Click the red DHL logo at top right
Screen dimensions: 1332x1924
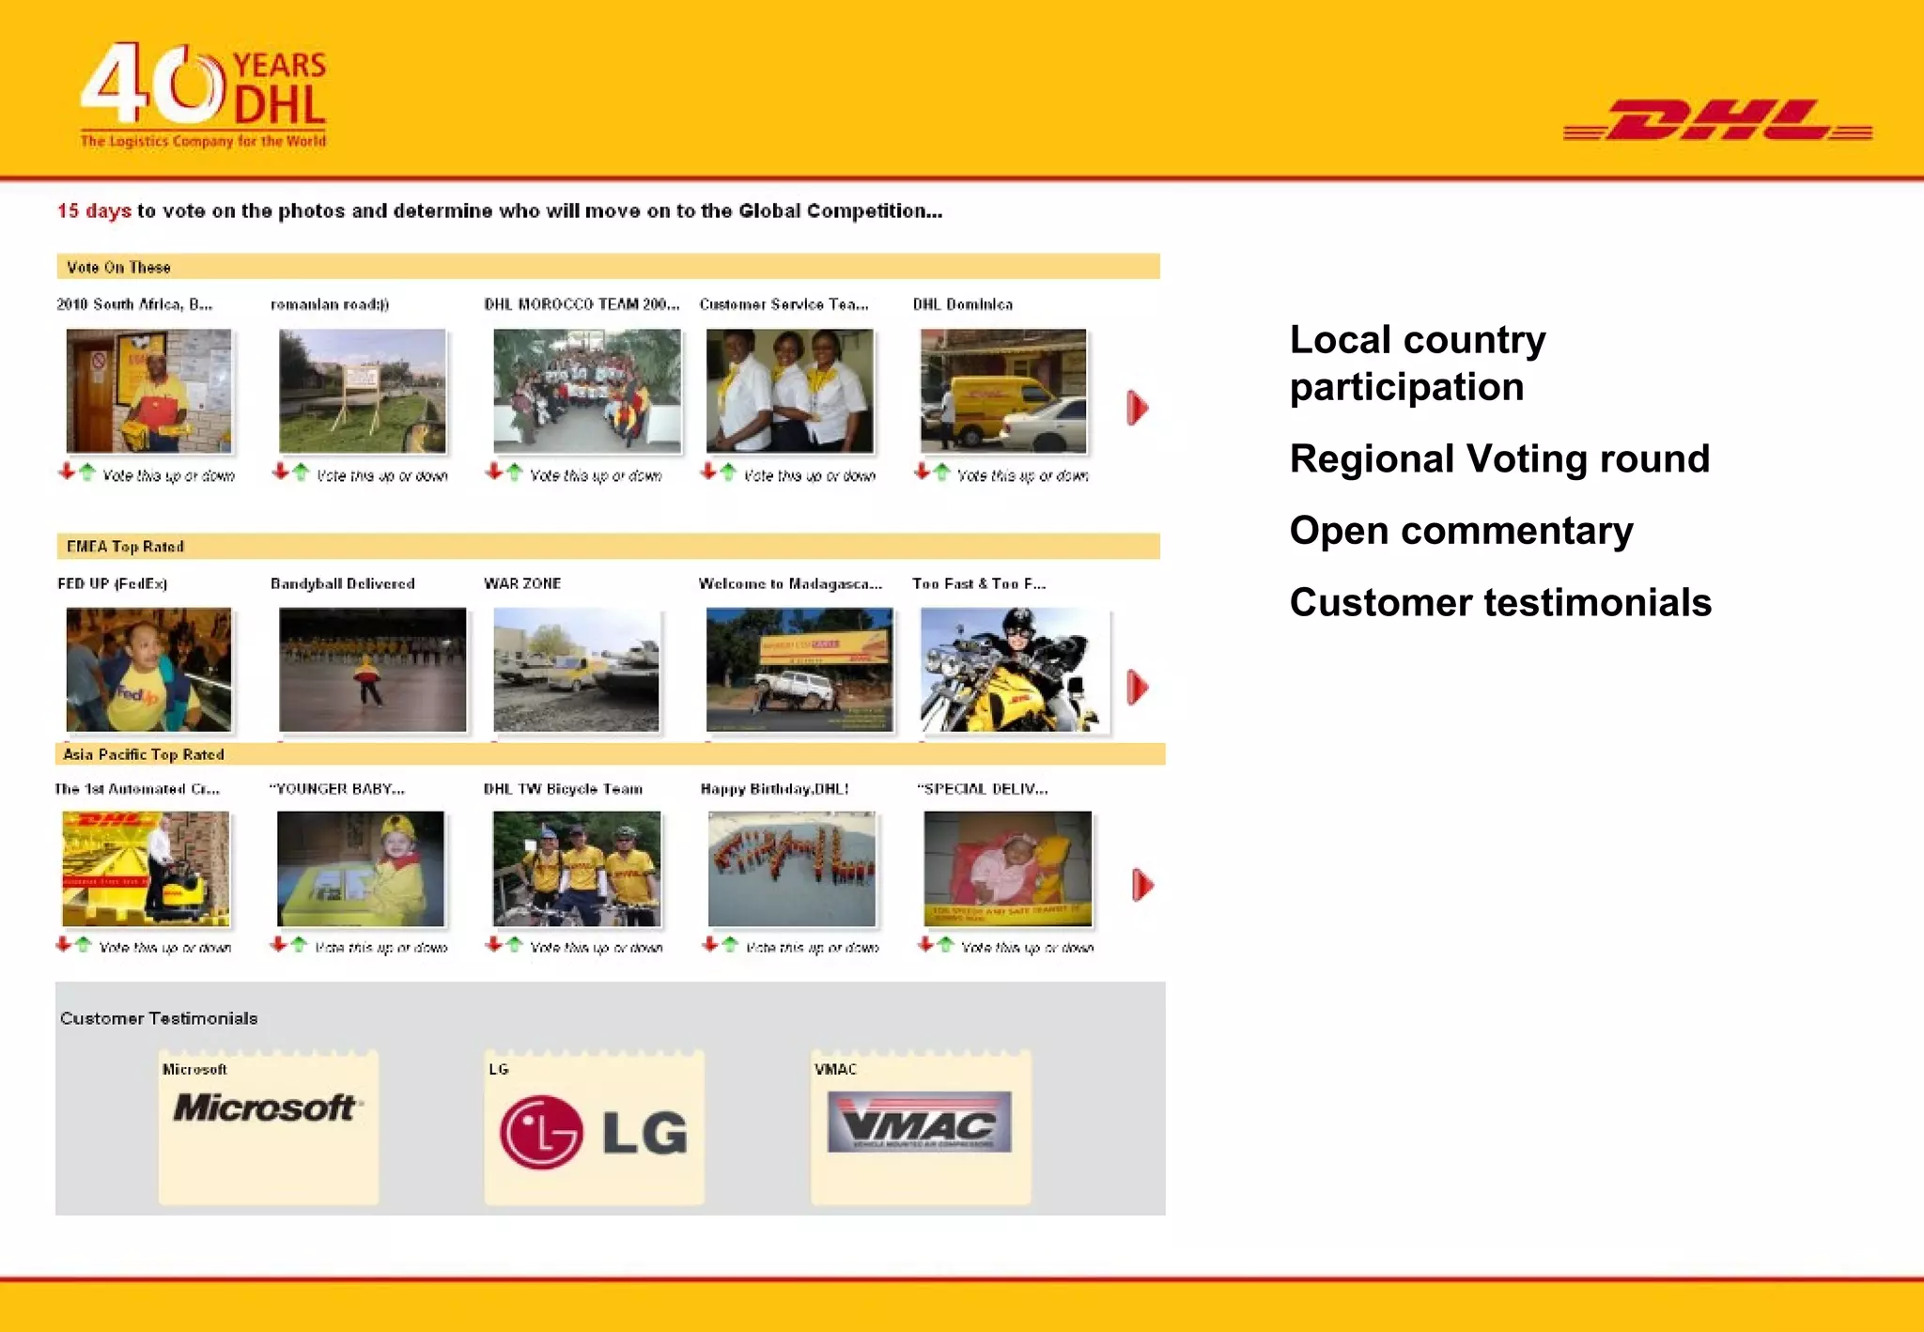pos(1717,120)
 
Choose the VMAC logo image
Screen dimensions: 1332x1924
pos(919,1122)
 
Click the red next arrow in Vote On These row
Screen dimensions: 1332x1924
pos(1137,408)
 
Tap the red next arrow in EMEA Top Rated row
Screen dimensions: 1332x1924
pos(1137,688)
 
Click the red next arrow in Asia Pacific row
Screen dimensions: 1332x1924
pos(1141,885)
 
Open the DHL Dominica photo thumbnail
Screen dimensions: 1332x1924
pos(1003,391)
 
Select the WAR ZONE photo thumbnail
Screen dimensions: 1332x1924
pos(576,670)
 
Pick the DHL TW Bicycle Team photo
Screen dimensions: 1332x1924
pos(576,869)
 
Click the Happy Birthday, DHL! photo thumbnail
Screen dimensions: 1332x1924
pos(791,869)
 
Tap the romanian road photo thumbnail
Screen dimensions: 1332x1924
pos(363,391)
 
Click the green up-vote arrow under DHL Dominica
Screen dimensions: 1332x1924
pos(942,472)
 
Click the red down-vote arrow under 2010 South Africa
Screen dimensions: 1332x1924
pos(66,472)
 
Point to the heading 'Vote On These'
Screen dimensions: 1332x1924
pos(118,268)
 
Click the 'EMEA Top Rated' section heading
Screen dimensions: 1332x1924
pos(125,547)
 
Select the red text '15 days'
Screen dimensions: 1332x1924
pos(94,211)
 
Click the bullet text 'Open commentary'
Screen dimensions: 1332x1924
pos(1461,531)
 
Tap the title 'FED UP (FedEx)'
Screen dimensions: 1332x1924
pos(113,584)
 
